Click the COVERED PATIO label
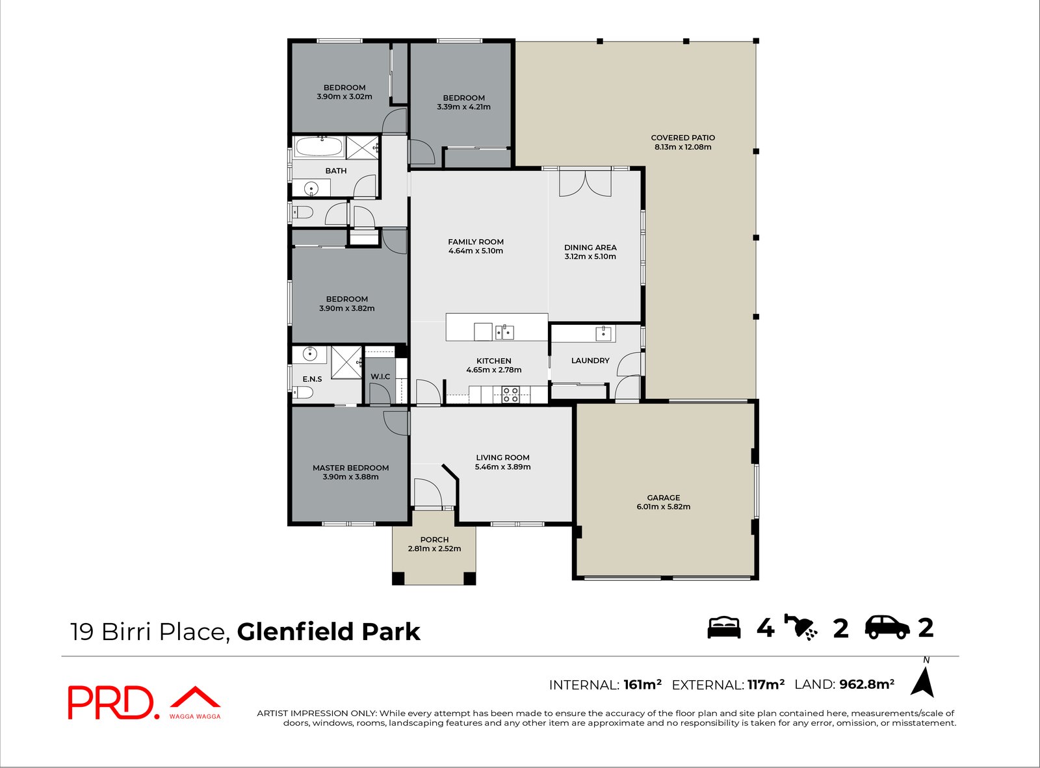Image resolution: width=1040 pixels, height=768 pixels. pyautogui.click(x=682, y=138)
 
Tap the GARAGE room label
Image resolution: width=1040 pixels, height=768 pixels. pyautogui.click(x=663, y=498)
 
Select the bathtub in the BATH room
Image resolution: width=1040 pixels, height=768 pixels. pyautogui.click(x=318, y=147)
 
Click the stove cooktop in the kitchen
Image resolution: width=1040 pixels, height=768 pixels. pyautogui.click(x=510, y=394)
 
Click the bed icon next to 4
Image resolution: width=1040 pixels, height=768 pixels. pyautogui.click(x=723, y=627)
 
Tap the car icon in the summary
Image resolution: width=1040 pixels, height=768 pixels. pyautogui.click(x=887, y=627)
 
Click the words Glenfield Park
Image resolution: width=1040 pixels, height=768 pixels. pyautogui.click(x=328, y=632)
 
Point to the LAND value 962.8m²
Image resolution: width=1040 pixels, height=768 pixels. pyautogui.click(x=866, y=684)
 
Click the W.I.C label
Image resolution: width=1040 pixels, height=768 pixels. pyautogui.click(x=380, y=377)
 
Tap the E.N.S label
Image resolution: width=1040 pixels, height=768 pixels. pyautogui.click(x=312, y=379)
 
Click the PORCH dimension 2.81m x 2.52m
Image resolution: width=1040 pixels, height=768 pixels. pyautogui.click(x=434, y=548)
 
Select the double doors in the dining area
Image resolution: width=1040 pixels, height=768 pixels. pyautogui.click(x=585, y=183)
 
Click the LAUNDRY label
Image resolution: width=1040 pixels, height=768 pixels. pyautogui.click(x=590, y=361)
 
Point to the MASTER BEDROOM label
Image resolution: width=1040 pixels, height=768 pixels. pyautogui.click(x=350, y=468)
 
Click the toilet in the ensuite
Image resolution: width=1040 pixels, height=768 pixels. pyautogui.click(x=303, y=392)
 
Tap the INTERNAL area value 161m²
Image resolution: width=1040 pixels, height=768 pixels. pyautogui.click(x=642, y=685)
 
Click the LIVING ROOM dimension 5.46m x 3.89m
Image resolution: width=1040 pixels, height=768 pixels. pyautogui.click(x=502, y=467)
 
